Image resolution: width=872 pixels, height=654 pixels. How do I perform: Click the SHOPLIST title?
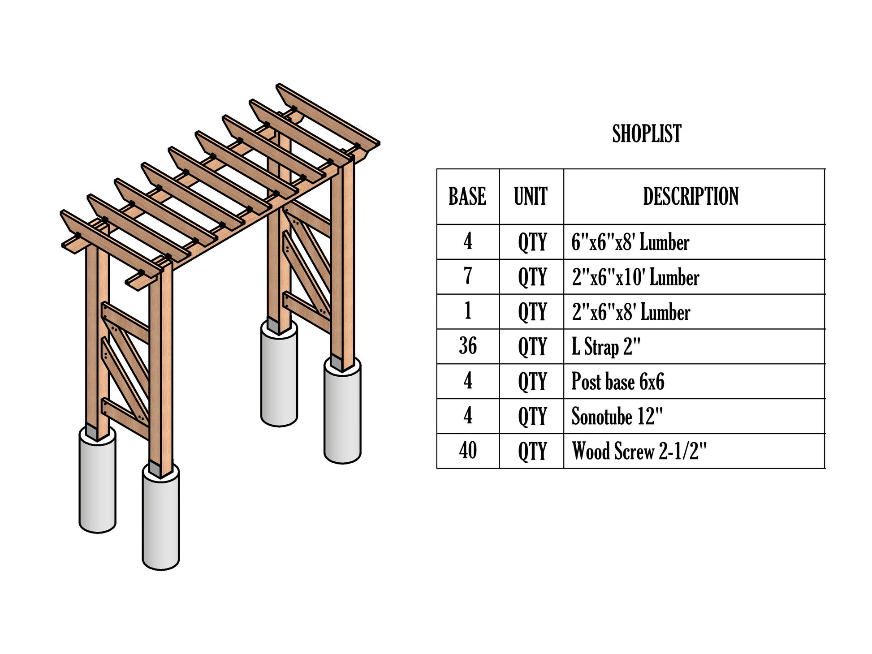pos(646,133)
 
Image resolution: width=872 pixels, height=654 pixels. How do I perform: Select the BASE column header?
pos(467,196)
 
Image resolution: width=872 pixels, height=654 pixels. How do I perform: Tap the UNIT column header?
pos(531,196)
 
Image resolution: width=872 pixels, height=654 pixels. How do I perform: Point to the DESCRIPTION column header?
pos(691,196)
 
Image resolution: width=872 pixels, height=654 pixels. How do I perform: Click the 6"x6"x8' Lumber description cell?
pos(630,242)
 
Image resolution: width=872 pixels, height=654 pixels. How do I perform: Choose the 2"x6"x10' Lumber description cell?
pos(635,277)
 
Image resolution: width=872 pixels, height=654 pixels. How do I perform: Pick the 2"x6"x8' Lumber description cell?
pos(630,312)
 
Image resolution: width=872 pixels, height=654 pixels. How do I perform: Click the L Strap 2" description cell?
pos(606,347)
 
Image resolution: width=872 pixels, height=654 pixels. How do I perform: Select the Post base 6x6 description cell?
pos(617,381)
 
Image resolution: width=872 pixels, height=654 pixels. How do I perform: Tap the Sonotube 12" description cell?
pos(617,416)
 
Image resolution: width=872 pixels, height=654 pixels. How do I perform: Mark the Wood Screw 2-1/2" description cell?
pos(639,451)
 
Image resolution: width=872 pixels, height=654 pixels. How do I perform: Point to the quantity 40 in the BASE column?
pos(467,451)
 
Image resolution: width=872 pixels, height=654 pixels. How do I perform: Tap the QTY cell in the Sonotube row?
pos(532,416)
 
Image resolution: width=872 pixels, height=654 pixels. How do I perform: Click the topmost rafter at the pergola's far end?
pos(328,117)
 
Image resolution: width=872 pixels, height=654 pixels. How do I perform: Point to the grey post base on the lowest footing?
pos(155,469)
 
